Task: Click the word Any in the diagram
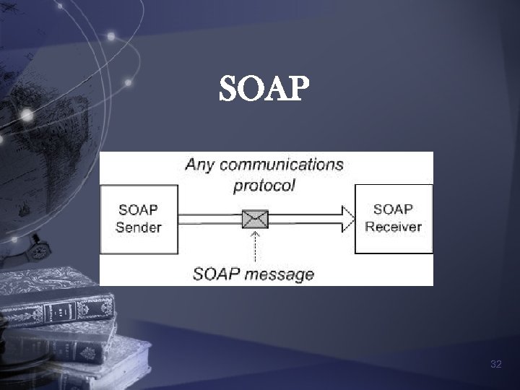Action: [200, 164]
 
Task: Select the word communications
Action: [282, 164]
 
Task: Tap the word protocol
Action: [264, 185]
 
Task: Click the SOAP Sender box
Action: [138, 219]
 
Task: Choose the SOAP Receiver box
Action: [393, 218]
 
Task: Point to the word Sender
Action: [139, 227]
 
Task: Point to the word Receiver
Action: [394, 227]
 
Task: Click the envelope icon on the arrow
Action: [255, 218]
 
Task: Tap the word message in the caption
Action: [279, 274]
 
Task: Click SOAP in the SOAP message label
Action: [217, 274]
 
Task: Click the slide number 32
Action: [495, 365]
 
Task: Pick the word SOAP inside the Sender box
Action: [138, 210]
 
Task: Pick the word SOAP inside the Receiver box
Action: [393, 209]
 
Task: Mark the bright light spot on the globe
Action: [27, 114]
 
